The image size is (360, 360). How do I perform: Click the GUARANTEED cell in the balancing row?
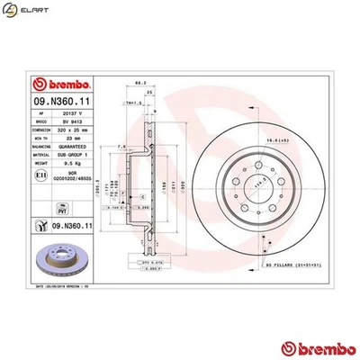[72, 148]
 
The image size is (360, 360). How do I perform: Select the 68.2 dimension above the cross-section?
[139, 83]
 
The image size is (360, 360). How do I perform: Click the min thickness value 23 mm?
[72, 139]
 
